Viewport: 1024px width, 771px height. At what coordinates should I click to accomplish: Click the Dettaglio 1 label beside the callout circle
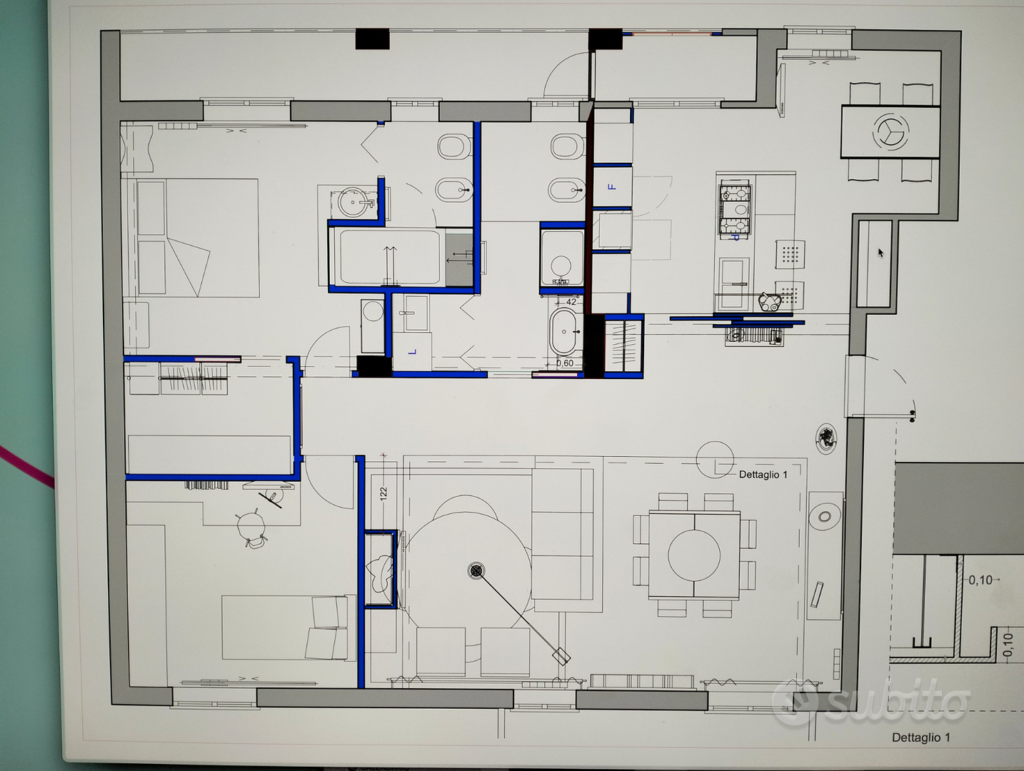pyautogui.click(x=763, y=475)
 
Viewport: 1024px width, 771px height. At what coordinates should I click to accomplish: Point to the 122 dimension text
pyautogui.click(x=383, y=494)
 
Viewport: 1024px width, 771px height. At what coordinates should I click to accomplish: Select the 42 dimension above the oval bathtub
pyautogui.click(x=571, y=302)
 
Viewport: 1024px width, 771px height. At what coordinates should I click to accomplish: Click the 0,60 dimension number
pyautogui.click(x=565, y=363)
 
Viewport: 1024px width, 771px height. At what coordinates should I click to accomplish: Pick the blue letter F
pyautogui.click(x=612, y=187)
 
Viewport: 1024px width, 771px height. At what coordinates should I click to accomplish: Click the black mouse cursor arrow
pyautogui.click(x=880, y=253)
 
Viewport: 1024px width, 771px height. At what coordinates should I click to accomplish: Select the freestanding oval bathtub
pyautogui.click(x=564, y=332)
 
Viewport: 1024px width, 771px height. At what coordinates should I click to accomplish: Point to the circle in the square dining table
pyautogui.click(x=693, y=555)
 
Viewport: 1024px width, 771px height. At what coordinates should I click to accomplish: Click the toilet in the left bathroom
pyautogui.click(x=454, y=146)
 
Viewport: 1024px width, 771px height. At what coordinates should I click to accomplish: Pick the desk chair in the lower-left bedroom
pyautogui.click(x=251, y=527)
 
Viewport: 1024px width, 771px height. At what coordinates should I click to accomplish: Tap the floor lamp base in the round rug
pyautogui.click(x=476, y=570)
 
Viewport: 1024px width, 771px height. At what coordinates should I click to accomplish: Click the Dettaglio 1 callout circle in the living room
pyautogui.click(x=715, y=460)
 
